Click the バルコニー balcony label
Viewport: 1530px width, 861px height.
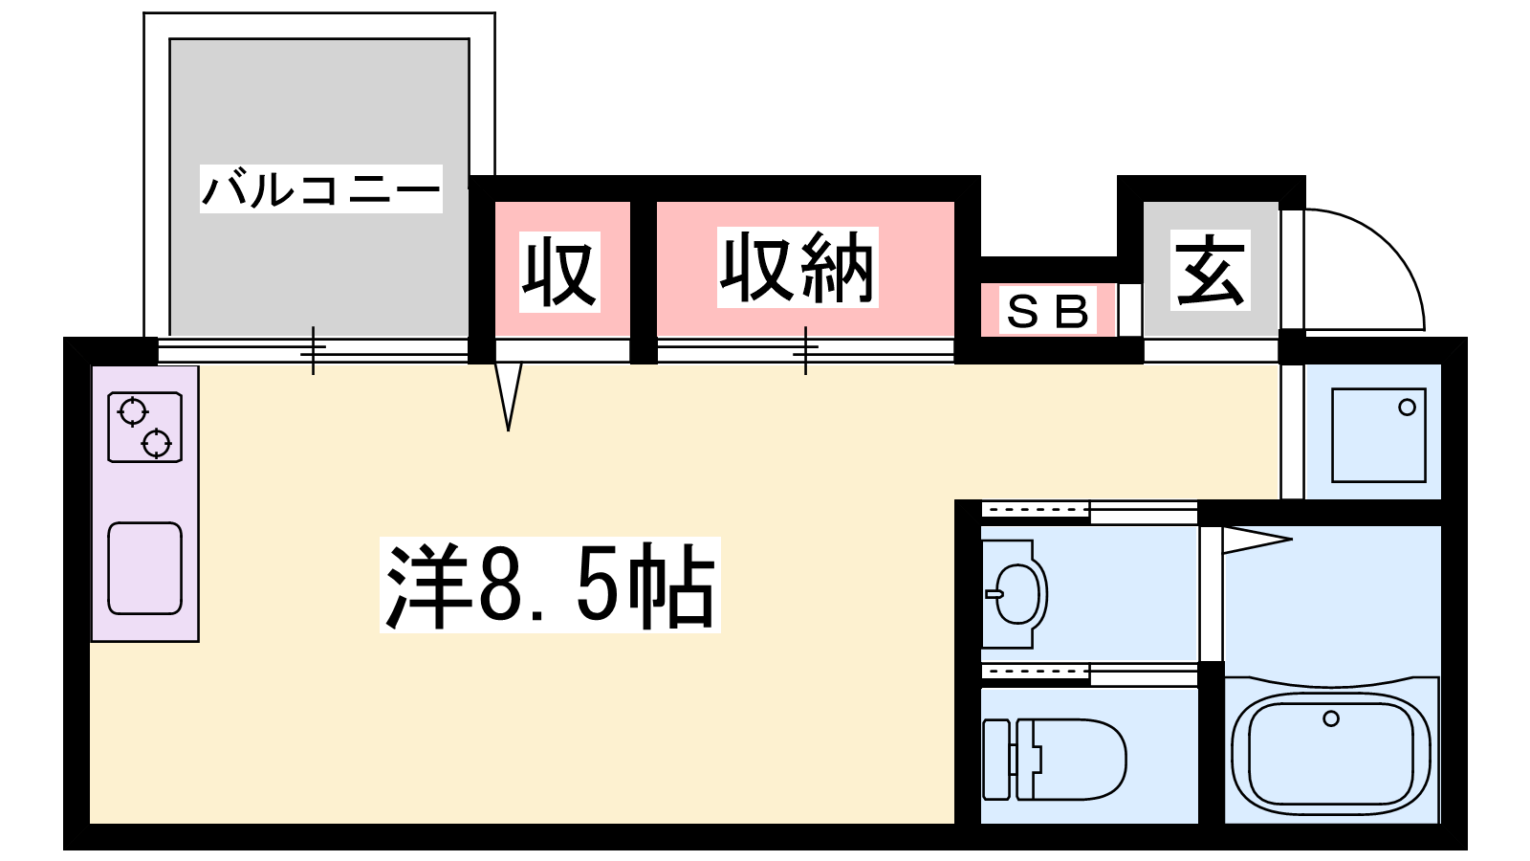(320, 188)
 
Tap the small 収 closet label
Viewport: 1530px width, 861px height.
(559, 272)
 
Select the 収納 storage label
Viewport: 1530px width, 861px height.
(798, 268)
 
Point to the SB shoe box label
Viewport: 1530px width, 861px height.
(1048, 312)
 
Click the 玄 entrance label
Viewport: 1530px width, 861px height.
(1211, 270)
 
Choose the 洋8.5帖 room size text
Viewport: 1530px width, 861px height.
(550, 585)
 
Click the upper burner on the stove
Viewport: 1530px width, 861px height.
(132, 412)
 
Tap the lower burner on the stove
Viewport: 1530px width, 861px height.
(156, 444)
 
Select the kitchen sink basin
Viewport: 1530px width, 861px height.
(144, 568)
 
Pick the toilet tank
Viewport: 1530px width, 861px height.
(996, 760)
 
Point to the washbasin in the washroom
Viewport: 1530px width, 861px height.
(1017, 594)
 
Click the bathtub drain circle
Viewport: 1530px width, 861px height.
(1331, 718)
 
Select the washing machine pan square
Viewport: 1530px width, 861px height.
(1378, 435)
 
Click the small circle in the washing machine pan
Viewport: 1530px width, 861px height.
(1407, 408)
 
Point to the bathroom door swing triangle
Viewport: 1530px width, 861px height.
(1255, 540)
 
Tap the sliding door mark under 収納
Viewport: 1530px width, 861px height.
(805, 350)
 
